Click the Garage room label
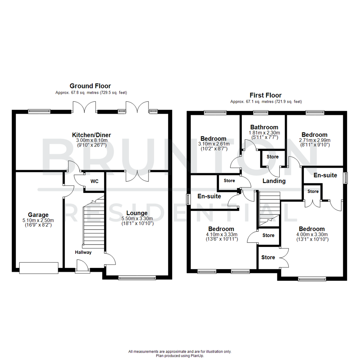point(38,215)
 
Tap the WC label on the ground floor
point(94,182)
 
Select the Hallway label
point(83,252)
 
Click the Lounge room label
point(137,213)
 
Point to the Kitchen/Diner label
point(92,135)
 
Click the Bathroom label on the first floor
point(264,127)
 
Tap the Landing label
point(274,181)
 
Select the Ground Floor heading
point(90,86)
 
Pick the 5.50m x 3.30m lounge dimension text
point(137,219)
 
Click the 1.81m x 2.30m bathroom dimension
point(264,133)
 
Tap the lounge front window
point(137,277)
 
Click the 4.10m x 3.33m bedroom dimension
point(221,235)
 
